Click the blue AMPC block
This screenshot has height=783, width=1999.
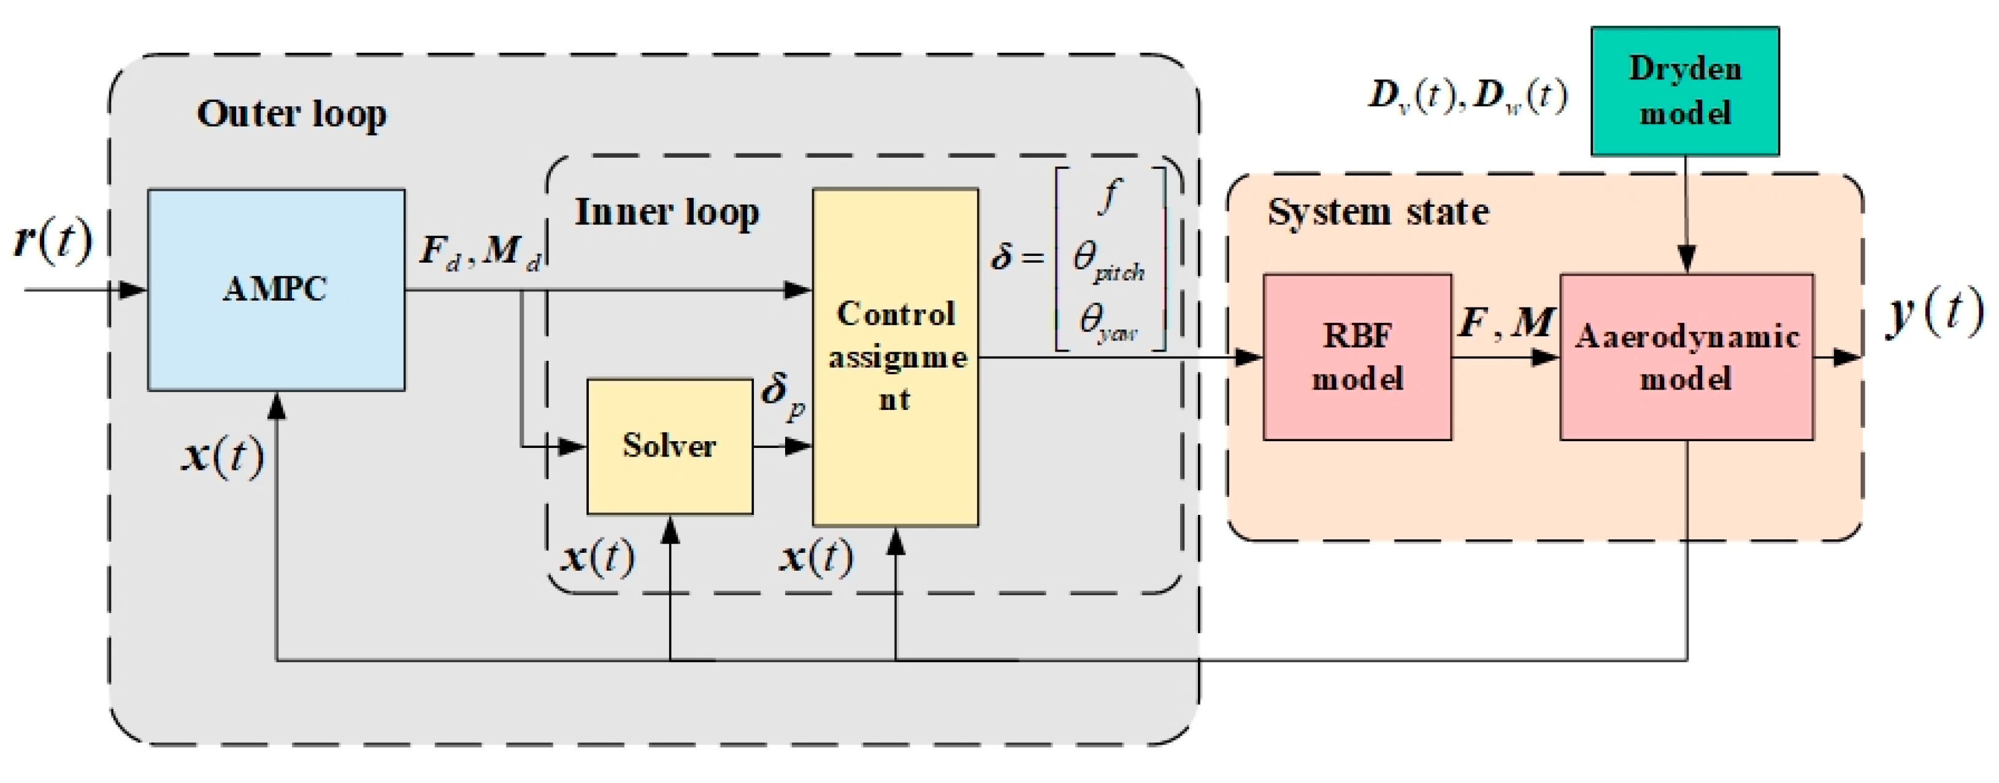click(275, 290)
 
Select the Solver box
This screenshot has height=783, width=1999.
click(669, 446)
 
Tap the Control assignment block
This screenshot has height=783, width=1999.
click(895, 357)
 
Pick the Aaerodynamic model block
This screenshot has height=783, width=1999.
click(1686, 357)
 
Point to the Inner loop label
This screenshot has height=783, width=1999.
click(666, 212)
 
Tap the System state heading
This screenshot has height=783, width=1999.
click(1378, 212)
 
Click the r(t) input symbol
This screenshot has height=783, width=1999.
click(53, 241)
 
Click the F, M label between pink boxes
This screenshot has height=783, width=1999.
click(1505, 322)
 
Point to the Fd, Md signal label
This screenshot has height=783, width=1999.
click(480, 252)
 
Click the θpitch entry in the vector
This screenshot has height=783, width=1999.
click(1108, 260)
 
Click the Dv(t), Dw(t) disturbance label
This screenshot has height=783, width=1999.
click(1467, 97)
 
